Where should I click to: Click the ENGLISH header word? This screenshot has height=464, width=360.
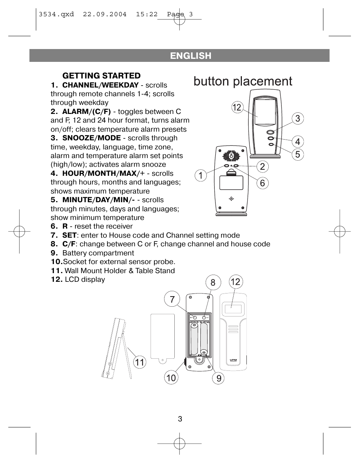pos(191,56)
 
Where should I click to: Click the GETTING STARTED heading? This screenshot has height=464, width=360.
pos(102,75)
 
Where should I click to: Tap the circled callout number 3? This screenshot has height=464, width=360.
pos(298,118)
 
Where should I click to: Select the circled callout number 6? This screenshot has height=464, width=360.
pos(262,183)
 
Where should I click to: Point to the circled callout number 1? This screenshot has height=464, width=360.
pos(201,175)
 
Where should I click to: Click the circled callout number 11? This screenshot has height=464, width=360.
pos(140,362)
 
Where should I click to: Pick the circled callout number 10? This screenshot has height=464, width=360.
pos(171,378)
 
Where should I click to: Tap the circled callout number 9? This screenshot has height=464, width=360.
pos(218,378)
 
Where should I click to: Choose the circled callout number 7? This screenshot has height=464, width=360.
pos(172,299)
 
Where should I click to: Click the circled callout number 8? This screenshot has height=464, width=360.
pos(213,283)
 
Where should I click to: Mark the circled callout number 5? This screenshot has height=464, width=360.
pos(298,154)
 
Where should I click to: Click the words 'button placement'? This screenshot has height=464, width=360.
pos(243,81)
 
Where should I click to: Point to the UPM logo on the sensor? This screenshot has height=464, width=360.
pos(233,360)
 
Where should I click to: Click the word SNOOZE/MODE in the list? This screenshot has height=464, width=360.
pos(91,138)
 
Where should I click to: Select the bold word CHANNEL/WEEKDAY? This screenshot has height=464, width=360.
pos(100,85)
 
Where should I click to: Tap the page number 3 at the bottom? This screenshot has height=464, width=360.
pos(180,419)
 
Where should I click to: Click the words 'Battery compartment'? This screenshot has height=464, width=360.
pos(98,253)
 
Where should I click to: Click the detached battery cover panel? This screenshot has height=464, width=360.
pos(163,338)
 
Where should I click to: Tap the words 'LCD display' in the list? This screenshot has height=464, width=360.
pos(85,279)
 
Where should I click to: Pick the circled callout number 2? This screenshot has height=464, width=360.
pos(262,167)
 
